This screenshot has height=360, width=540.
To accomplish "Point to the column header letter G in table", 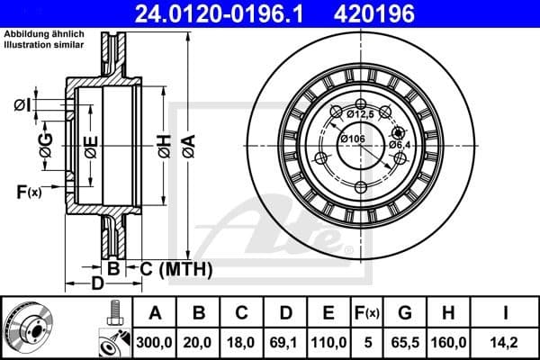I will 405,312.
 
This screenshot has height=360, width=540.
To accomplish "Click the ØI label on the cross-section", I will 22,107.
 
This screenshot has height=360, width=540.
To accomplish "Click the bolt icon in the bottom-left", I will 114,313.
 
